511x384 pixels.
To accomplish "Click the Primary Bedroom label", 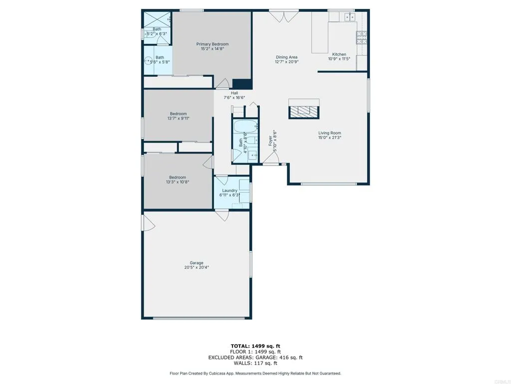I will (212, 44).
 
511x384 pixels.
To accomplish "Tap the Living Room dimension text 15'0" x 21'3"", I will (330, 138).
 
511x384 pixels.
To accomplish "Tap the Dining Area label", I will (286, 57).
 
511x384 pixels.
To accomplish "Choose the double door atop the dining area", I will (282, 16).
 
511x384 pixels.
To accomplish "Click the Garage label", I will (196, 262).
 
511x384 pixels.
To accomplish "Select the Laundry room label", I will (230, 190).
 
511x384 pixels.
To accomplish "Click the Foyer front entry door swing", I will (271, 159).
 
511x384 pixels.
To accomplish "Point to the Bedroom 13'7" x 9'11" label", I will (178, 113).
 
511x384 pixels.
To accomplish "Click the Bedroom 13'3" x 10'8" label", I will (177, 177).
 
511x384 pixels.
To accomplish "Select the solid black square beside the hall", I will (242, 84).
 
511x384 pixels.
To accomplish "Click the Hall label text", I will (234, 93).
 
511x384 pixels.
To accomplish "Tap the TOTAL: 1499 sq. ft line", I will (255, 345).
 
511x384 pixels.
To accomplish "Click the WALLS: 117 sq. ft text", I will (255, 363).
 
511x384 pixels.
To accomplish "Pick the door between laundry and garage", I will (223, 215).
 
